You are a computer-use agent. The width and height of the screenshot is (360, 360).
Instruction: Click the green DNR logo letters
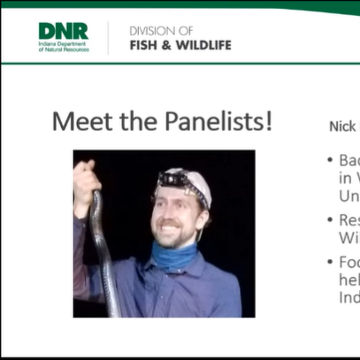[63, 31]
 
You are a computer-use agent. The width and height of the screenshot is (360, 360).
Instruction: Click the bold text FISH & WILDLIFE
[180, 44]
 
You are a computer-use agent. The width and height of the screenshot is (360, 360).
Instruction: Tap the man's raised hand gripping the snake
[87, 176]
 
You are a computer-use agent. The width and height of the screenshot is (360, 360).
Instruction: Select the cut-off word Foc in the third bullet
[349, 263]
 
